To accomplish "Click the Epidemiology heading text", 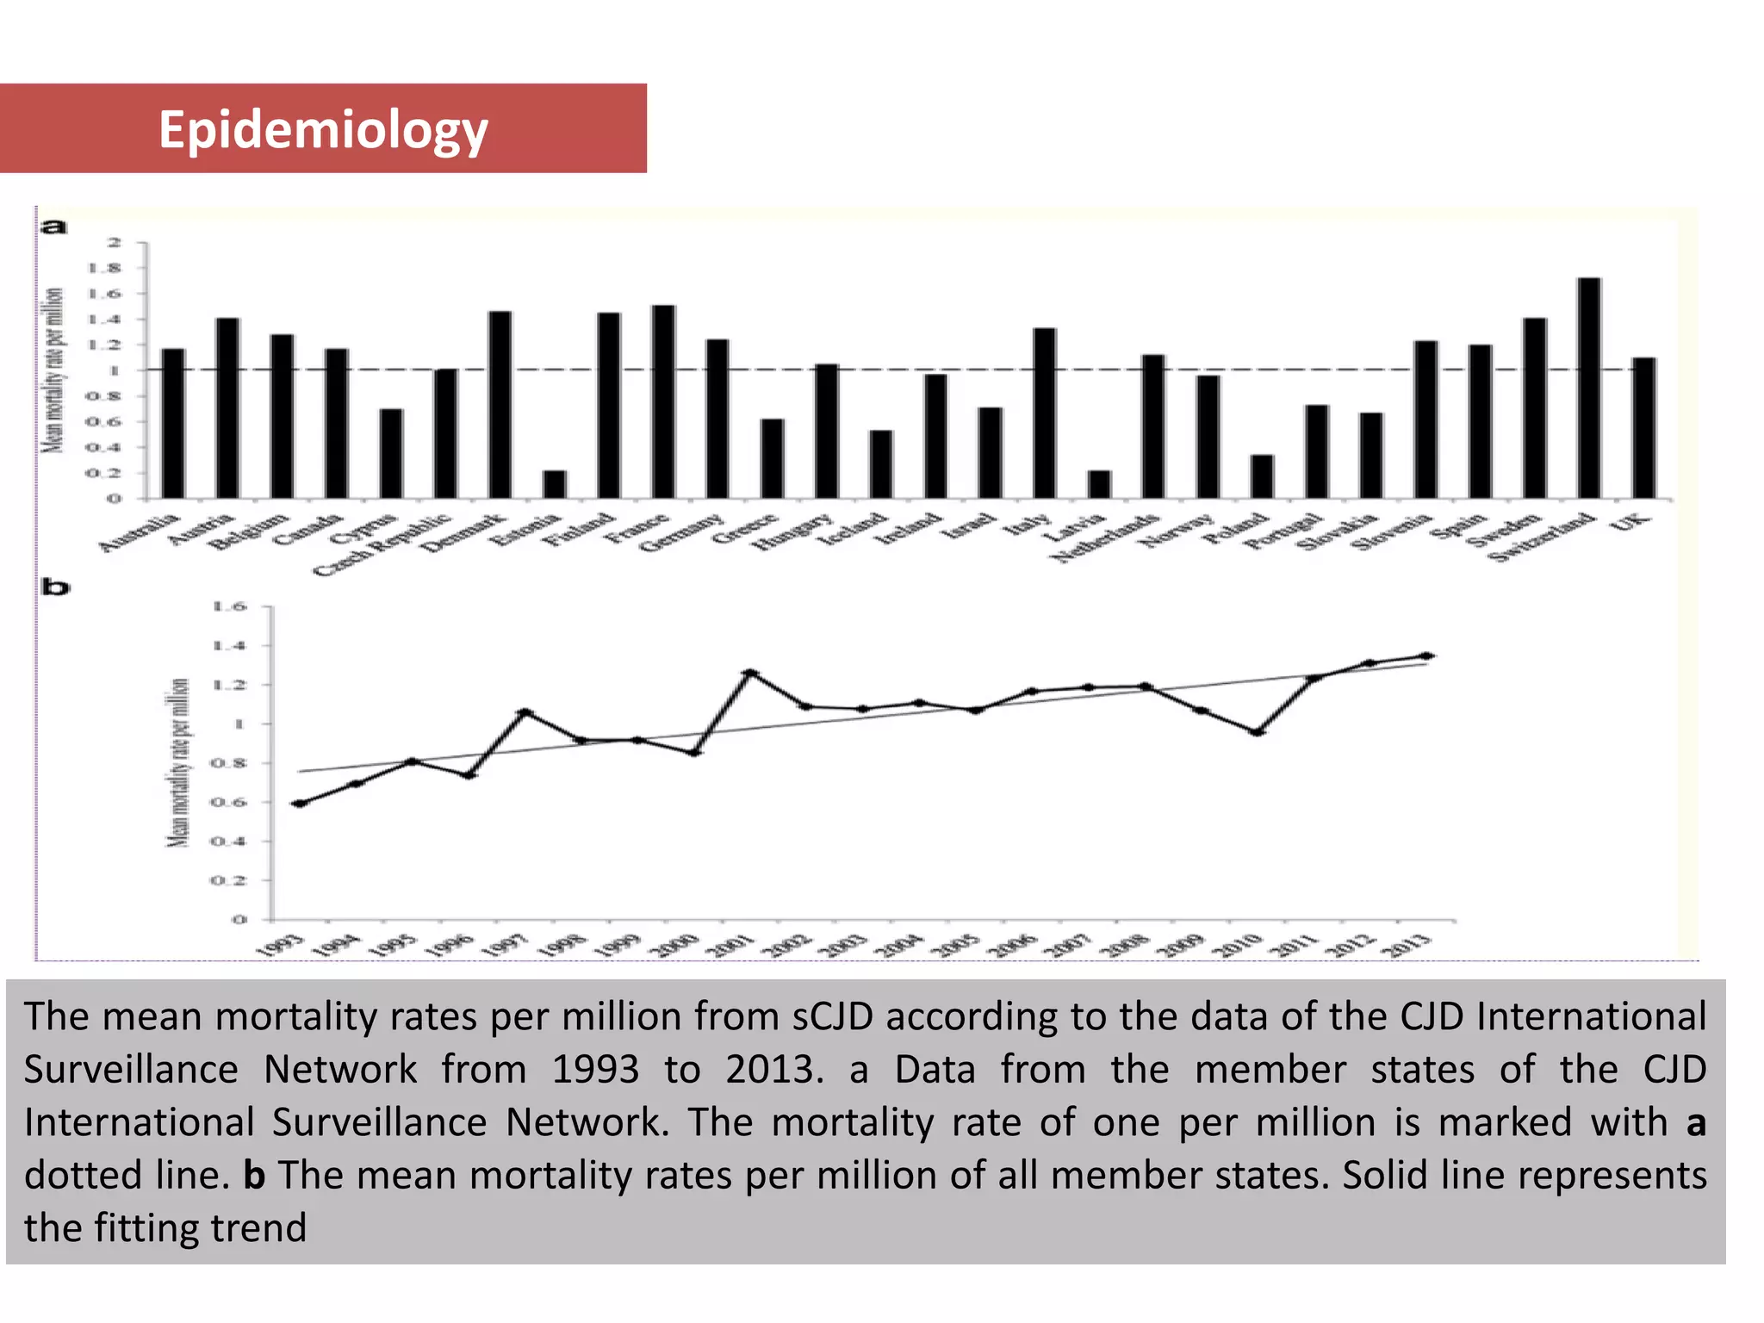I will pos(323,130).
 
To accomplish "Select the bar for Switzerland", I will pos(1589,388).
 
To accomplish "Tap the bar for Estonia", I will pos(555,484).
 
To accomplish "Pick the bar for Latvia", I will pos(1099,484).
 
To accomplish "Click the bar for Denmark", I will pos(500,405).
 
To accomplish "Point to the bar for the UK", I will pos(1643,428).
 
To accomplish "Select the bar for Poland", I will pos(1263,476).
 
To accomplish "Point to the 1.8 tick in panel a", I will pos(113,269).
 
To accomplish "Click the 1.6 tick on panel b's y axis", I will pos(229,607).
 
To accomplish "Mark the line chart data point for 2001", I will pos(750,673).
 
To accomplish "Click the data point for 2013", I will pos(1426,656).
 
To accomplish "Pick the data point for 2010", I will pos(1258,732).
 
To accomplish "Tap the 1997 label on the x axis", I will pos(504,946).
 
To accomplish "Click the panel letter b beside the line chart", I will pos(55,588).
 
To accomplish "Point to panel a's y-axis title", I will pos(53,370).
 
